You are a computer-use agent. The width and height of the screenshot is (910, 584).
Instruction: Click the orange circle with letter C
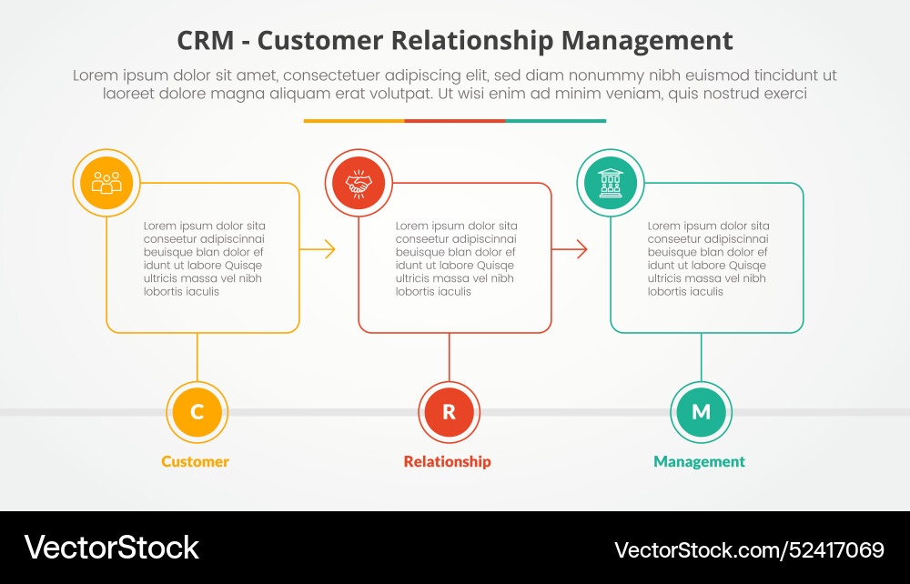click(x=197, y=412)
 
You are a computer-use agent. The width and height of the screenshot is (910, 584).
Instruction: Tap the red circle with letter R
click(x=449, y=412)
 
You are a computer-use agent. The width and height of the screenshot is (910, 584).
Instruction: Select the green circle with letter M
click(x=701, y=412)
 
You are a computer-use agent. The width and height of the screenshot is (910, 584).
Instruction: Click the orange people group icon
click(x=106, y=183)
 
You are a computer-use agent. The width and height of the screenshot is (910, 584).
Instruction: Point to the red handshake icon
click(x=359, y=183)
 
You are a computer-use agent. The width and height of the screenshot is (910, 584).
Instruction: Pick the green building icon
click(x=611, y=183)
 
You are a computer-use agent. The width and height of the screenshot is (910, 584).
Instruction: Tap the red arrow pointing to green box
click(x=571, y=249)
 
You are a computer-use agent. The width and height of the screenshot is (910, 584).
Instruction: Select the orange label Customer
click(x=195, y=461)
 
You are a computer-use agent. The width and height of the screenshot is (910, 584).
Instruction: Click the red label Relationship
click(x=447, y=461)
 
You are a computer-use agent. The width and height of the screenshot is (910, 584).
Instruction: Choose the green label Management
click(x=699, y=461)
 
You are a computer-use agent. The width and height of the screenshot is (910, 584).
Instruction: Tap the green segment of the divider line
click(x=555, y=120)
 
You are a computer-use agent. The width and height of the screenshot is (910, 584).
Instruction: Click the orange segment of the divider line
click(x=353, y=120)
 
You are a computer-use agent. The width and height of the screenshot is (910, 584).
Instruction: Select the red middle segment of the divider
click(x=454, y=120)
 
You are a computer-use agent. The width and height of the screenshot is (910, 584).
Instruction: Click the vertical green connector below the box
click(x=701, y=357)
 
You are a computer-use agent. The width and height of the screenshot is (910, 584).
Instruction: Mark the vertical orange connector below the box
click(x=197, y=357)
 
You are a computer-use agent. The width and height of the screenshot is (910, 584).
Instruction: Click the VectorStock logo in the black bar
click(x=111, y=548)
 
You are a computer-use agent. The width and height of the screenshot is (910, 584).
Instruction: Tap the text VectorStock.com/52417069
click(x=749, y=549)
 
